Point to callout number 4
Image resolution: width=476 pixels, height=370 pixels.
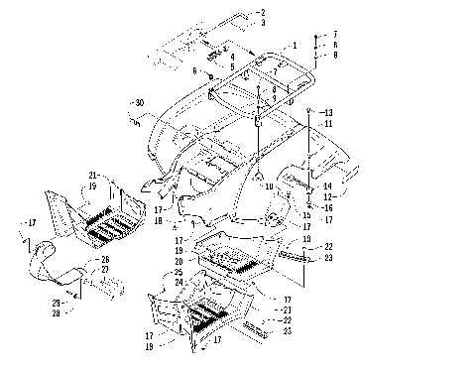point(232,57)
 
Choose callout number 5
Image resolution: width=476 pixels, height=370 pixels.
point(232,66)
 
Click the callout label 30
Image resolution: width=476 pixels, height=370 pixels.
point(139,103)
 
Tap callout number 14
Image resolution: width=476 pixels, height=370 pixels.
point(328,185)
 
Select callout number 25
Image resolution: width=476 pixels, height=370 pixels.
point(179,272)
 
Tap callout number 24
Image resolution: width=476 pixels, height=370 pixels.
point(179,282)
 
